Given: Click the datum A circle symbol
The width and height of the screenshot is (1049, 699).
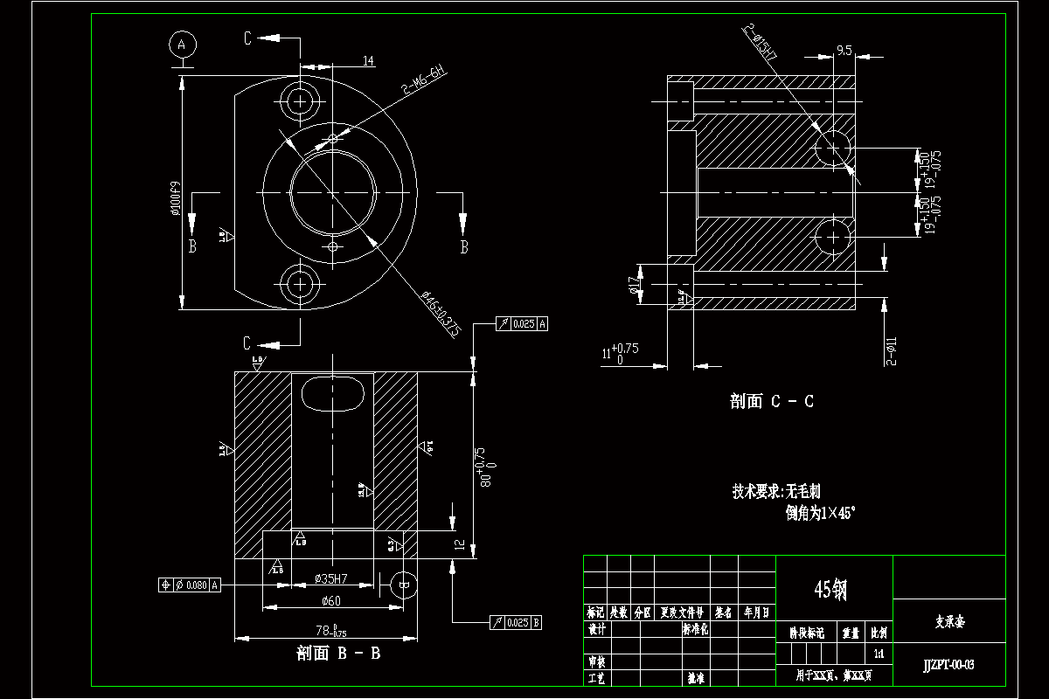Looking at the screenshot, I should tap(182, 43).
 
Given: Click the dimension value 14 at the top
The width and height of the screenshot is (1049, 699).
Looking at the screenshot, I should tap(368, 60).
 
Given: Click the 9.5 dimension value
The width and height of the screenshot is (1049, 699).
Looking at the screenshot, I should tap(844, 52).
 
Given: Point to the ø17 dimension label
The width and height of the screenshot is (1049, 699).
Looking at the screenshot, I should tap(633, 285).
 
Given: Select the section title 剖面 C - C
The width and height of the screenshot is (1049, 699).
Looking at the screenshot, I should tap(772, 401).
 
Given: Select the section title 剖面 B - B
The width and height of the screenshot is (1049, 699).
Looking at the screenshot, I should tap(338, 652).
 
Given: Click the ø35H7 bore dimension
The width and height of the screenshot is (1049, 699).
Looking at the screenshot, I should tap(330, 578).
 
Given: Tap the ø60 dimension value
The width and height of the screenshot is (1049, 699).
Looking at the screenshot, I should tap(330, 600).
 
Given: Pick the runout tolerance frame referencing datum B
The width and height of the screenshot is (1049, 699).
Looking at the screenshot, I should tap(518, 623).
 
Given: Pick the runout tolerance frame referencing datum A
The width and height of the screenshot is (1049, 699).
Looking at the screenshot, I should tap(522, 324).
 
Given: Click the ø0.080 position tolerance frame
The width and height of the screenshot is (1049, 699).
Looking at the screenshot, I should tap(191, 585).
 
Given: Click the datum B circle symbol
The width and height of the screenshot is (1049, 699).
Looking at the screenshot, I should tap(403, 585).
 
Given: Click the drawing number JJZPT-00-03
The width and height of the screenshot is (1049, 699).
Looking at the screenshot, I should tap(948, 665).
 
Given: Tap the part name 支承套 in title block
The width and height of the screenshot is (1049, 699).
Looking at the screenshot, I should tap(948, 623).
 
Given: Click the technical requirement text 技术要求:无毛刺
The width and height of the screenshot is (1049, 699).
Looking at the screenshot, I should tap(776, 492).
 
